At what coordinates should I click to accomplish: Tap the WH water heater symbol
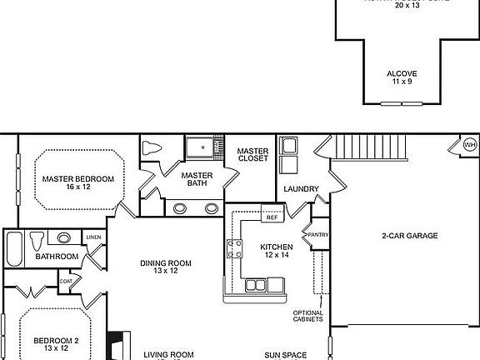tap(470, 145)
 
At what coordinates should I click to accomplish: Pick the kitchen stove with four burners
tap(234, 247)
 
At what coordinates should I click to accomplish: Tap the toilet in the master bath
tap(152, 149)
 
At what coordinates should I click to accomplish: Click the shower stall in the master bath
tap(200, 147)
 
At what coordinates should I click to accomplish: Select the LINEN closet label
tap(93, 238)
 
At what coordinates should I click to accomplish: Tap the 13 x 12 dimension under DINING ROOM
tap(165, 271)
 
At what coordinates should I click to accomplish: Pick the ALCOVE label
tap(402, 73)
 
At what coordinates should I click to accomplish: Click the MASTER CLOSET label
tap(252, 154)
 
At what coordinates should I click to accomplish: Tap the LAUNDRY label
tap(301, 189)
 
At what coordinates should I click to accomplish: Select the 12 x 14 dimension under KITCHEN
tap(276, 256)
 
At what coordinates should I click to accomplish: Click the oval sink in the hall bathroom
tap(64, 237)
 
